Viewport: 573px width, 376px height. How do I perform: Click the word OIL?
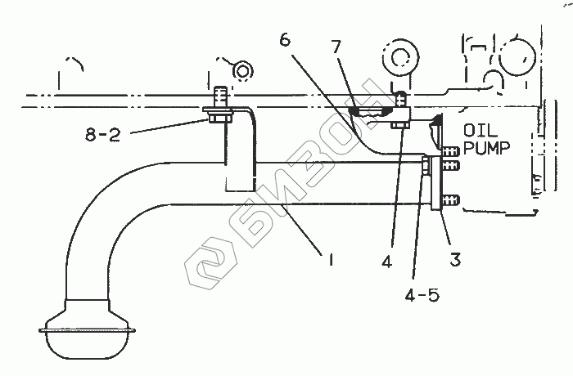click(x=482, y=131)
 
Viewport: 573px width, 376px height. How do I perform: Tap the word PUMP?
click(x=486, y=148)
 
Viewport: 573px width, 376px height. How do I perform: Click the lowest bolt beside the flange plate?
click(x=449, y=199)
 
